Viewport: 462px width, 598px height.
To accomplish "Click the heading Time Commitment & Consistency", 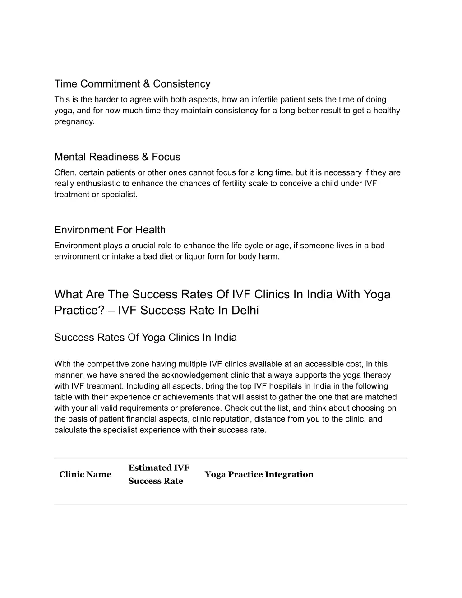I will click(x=132, y=84).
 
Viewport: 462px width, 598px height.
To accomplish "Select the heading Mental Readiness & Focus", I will click(x=117, y=157).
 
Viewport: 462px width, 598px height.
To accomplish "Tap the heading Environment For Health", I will click(x=110, y=230).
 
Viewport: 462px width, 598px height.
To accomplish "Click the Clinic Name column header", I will click(x=85, y=474).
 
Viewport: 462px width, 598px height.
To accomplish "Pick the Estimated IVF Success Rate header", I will click(x=158, y=474).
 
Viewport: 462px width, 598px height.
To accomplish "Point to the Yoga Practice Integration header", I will click(x=259, y=474).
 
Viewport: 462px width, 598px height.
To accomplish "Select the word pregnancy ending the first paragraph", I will click(x=74, y=122).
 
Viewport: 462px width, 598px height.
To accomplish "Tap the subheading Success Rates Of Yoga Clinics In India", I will click(x=145, y=338).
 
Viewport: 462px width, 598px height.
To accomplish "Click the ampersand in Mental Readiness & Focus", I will click(x=145, y=157).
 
